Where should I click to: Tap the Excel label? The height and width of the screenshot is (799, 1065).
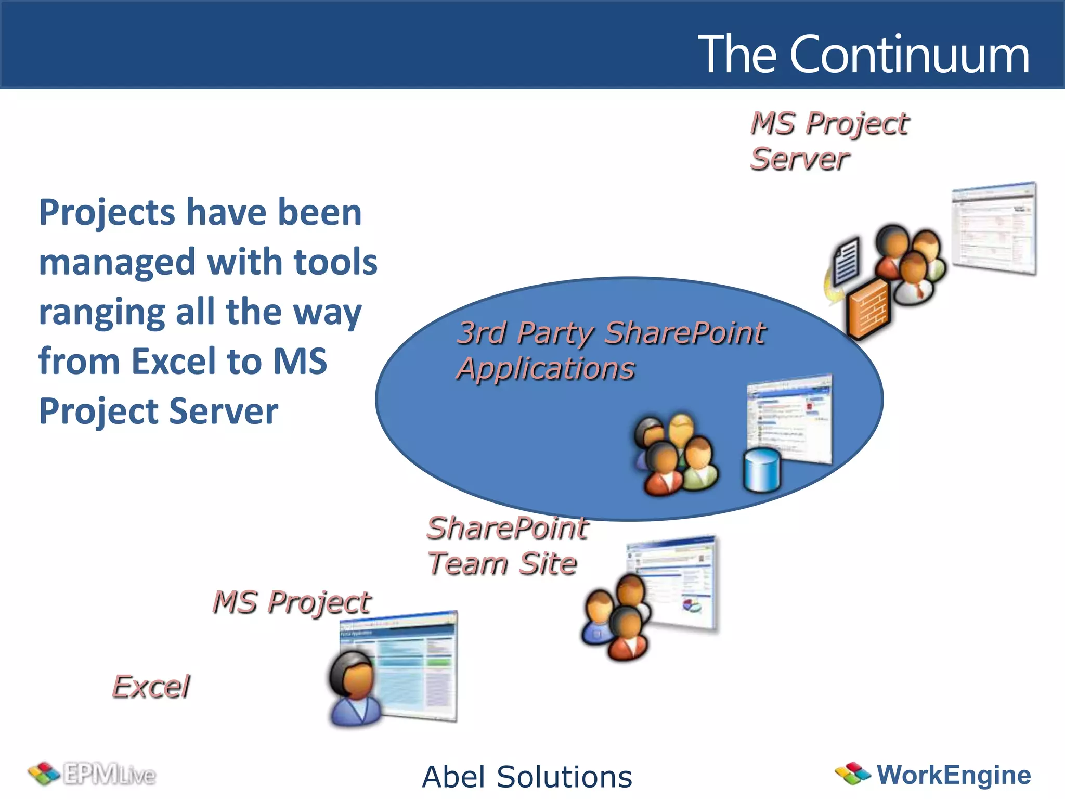coord(151,687)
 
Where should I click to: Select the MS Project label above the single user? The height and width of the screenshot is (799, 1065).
coord(292,602)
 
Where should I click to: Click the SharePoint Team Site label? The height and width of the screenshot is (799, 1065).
coord(506,546)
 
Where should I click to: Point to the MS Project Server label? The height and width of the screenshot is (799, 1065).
coord(829,141)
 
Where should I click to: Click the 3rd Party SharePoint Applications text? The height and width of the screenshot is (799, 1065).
coord(611,350)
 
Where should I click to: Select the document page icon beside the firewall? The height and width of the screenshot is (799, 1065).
coord(846,260)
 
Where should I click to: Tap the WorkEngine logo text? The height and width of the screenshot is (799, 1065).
coord(953,775)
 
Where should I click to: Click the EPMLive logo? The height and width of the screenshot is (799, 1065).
coord(93,775)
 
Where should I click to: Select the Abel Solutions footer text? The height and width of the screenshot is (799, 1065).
coord(527,777)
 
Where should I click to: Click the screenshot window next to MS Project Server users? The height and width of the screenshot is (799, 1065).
coord(993,229)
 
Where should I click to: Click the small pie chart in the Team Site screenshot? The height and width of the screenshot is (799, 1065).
coord(691,605)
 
